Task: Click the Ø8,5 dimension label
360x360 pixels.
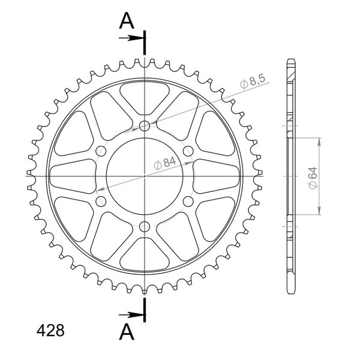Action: point(253,81)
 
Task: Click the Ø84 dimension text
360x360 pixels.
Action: point(165,163)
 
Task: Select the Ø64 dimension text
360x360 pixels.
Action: point(313,178)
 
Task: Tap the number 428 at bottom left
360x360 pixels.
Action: point(50,331)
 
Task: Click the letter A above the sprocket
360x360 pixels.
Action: point(127,20)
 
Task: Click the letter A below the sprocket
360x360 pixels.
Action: point(127,332)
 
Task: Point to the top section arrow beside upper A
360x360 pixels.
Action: point(131,38)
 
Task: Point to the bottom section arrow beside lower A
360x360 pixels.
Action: point(131,314)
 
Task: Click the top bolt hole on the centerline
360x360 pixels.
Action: point(145,126)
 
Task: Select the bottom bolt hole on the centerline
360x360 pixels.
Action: point(145,227)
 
